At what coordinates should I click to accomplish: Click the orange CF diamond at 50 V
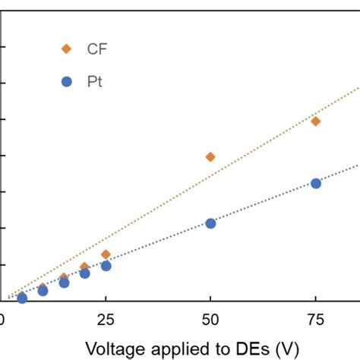tap(210, 156)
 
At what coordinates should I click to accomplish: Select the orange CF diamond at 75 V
tap(316, 121)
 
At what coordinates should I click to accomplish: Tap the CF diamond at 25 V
tap(106, 254)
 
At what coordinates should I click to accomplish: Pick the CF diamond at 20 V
tap(84, 267)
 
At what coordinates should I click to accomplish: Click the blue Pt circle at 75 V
tap(316, 183)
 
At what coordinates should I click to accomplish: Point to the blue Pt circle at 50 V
tap(210, 223)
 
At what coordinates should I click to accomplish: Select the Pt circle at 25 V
tap(106, 266)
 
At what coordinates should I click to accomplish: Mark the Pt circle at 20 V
tap(84, 273)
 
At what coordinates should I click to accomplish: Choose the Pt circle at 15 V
tap(64, 283)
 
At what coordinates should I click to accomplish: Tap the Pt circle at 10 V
tap(43, 290)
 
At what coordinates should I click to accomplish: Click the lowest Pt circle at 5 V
tap(22, 298)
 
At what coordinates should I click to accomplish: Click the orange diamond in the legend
tap(66, 49)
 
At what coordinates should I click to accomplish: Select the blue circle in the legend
tap(66, 82)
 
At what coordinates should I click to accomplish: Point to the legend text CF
tap(97, 49)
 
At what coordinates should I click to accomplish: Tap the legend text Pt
tap(94, 82)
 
